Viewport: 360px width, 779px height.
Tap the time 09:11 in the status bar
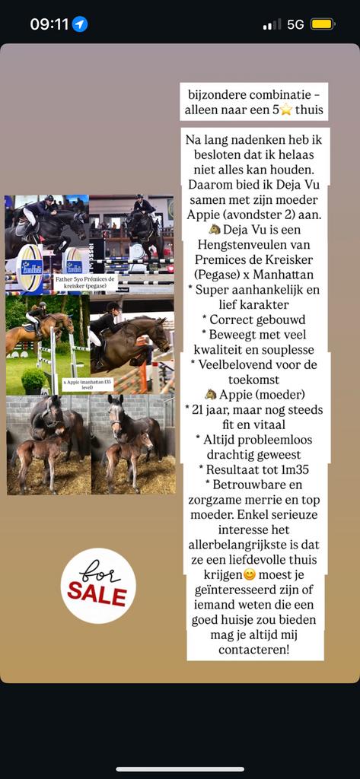pyautogui.click(x=50, y=24)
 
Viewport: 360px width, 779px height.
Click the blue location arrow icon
pyautogui.click(x=80, y=24)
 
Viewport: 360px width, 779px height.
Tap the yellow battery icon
pyautogui.click(x=322, y=24)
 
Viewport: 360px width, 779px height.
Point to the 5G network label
pyautogui.click(x=295, y=24)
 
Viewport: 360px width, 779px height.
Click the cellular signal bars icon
pyautogui.click(x=272, y=24)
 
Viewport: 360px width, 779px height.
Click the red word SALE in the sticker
pyautogui.click(x=97, y=594)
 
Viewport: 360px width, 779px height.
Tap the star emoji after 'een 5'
pyautogui.click(x=286, y=110)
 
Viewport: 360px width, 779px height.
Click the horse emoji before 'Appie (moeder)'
pyautogui.click(x=210, y=394)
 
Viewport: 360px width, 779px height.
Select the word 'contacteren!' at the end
pyautogui.click(x=253, y=650)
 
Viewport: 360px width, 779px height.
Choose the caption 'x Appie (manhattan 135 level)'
pyautogui.click(x=87, y=385)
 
